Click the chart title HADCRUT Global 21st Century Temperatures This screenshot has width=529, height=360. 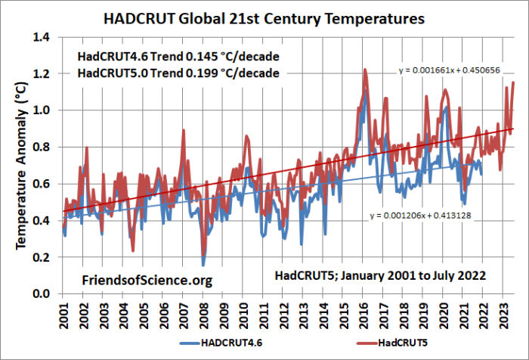(264, 16)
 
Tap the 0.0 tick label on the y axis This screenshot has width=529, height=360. (44, 294)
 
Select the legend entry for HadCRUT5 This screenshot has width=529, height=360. (359, 347)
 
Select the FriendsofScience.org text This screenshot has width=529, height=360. (147, 281)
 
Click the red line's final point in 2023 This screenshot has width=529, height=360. (514, 82)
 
